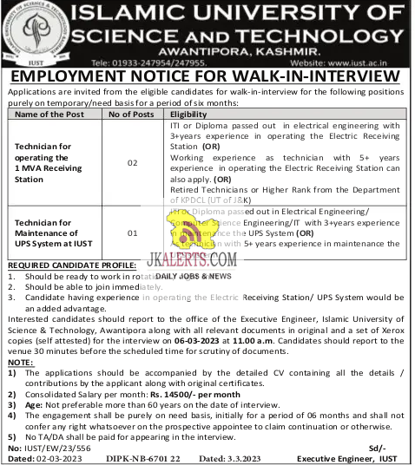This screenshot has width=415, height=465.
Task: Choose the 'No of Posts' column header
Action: coord(132,114)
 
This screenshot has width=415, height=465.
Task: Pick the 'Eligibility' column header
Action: coord(188,114)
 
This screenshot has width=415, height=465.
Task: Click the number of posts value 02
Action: coord(132,163)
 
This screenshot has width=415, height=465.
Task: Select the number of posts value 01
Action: coord(132,233)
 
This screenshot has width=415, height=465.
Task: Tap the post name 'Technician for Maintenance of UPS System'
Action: coord(51,233)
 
